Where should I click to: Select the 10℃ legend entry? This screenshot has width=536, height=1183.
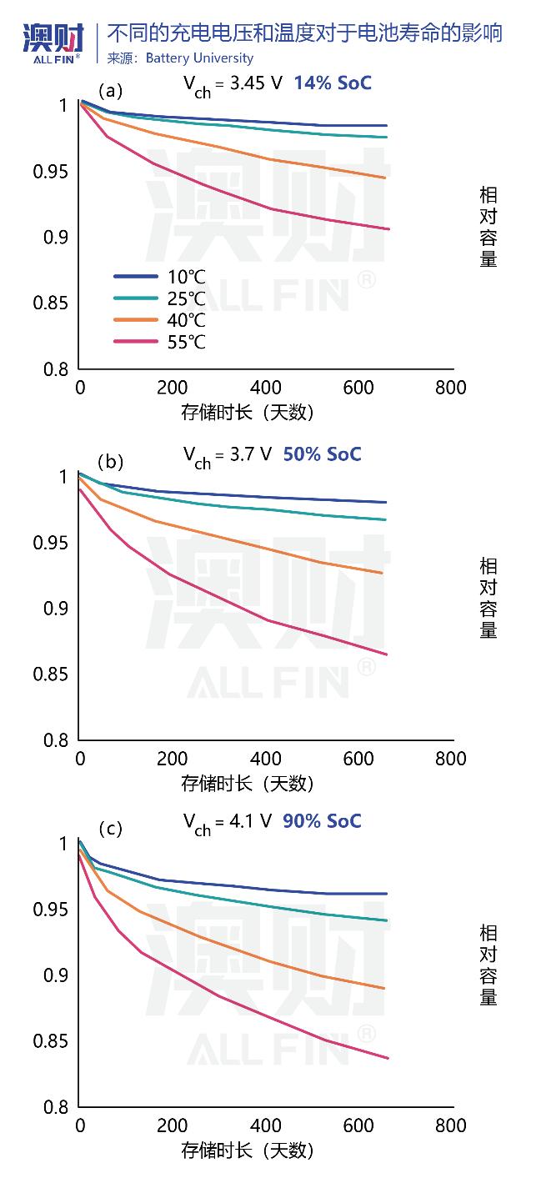(186, 276)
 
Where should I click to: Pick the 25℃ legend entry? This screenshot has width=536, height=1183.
(186, 298)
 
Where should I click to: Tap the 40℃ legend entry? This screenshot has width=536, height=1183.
(186, 320)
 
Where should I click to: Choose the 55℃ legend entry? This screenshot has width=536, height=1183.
(186, 342)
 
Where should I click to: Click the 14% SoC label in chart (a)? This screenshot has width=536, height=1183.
(332, 83)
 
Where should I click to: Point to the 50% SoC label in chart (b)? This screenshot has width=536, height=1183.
(322, 454)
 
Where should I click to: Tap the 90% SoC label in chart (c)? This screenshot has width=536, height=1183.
(322, 821)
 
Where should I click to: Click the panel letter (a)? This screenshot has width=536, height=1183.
(110, 90)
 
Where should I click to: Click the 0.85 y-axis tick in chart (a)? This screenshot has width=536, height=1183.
(50, 303)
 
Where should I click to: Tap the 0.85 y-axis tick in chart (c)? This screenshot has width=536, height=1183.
(50, 1042)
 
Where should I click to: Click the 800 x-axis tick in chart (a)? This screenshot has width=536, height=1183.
(451, 388)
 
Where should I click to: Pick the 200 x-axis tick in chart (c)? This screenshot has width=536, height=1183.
(173, 1126)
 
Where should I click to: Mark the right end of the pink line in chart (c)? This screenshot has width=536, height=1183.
(388, 1058)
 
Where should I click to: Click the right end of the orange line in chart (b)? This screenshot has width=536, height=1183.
(382, 573)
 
